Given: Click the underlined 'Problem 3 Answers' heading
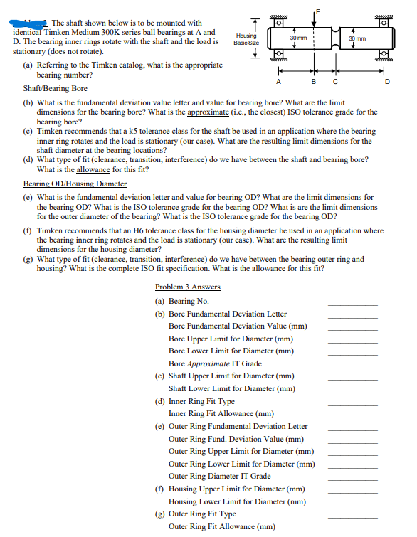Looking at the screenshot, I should (187, 287).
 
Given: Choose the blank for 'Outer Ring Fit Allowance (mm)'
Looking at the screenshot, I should (352, 527).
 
